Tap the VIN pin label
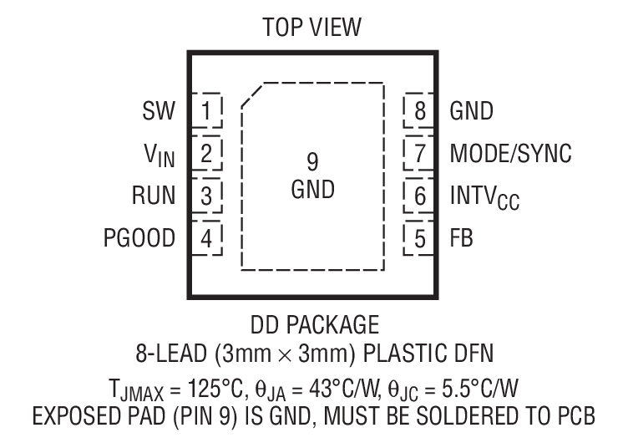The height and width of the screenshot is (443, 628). coord(159,154)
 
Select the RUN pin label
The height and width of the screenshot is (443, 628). coord(154,196)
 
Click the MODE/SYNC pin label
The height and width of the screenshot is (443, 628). coord(511,153)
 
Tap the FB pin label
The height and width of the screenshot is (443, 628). coord(461,239)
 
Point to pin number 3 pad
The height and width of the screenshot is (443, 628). coord(207,196)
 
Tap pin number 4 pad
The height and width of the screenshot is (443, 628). coord(207,239)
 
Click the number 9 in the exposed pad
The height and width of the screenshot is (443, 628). coord(313,161)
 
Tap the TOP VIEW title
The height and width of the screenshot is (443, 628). coord(313,29)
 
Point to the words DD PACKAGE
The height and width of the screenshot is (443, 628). coord(313,324)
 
